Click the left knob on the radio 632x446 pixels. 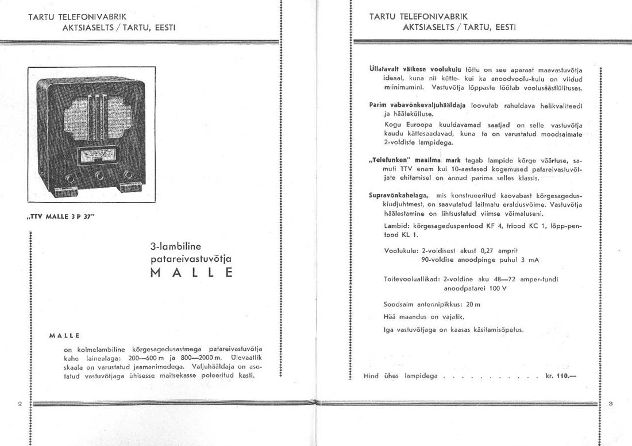69,177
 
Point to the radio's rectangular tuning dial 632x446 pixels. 98,155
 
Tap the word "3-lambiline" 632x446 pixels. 175,247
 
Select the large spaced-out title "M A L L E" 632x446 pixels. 191,273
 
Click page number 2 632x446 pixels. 20,404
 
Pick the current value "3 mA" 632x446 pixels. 530,260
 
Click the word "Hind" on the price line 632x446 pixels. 371,377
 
